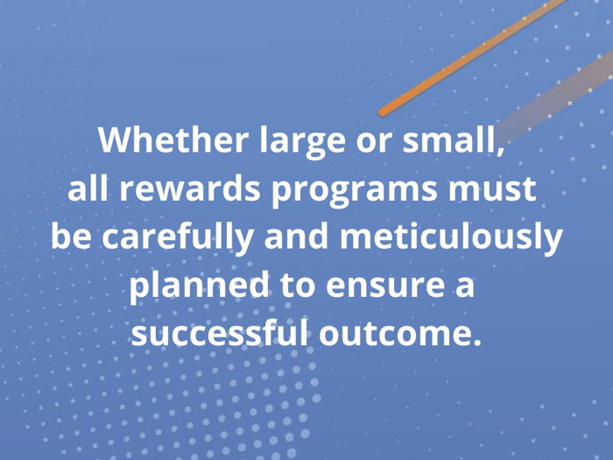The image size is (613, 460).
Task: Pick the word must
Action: click(x=495, y=189)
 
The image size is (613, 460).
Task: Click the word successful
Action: click(x=218, y=334)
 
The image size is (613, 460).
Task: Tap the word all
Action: click(x=86, y=189)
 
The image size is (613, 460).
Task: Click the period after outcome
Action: click(x=477, y=342)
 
